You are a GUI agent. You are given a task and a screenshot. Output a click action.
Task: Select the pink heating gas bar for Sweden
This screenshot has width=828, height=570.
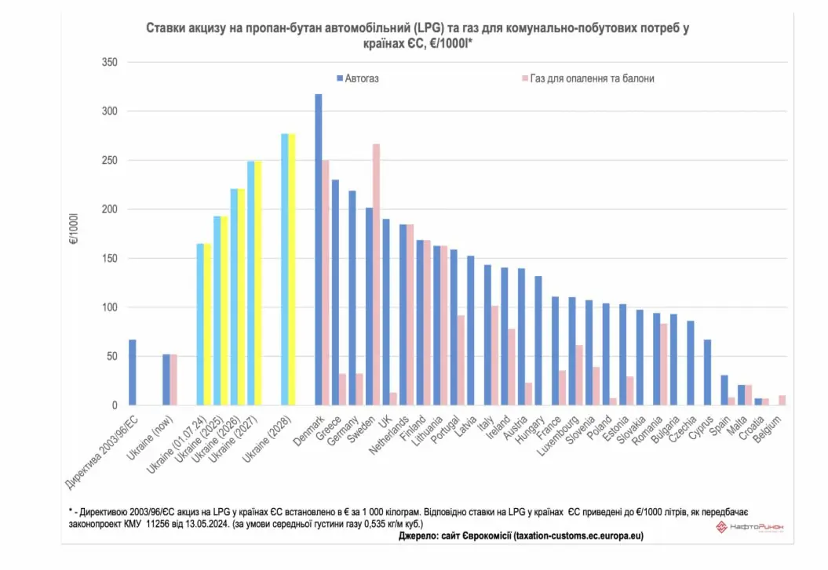[377, 274]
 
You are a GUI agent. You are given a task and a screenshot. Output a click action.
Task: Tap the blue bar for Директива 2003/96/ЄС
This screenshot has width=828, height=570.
[133, 372]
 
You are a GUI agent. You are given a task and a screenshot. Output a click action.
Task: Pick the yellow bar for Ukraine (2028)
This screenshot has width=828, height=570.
[292, 270]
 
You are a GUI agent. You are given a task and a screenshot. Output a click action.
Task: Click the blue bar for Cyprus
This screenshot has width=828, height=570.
[707, 372]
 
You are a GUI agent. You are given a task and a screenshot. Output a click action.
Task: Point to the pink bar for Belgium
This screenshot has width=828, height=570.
[782, 401]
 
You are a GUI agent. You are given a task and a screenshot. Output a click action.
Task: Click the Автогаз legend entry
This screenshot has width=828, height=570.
[357, 78]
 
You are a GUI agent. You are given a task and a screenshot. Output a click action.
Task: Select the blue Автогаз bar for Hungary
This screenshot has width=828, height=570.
[538, 340]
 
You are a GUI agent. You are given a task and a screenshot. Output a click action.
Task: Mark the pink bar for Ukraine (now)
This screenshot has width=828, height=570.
[173, 379]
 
